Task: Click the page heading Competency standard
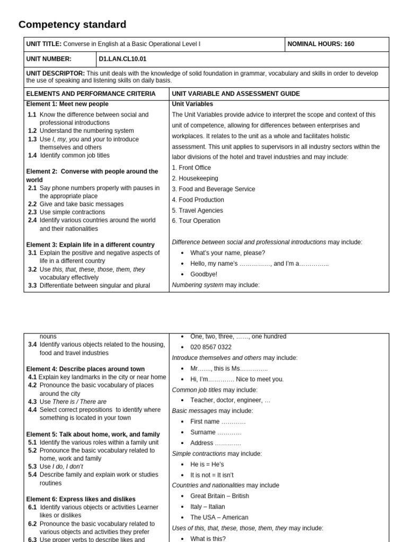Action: click(72, 24)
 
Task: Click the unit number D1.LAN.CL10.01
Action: click(122, 59)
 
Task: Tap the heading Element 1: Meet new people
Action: click(67, 104)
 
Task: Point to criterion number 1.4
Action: click(32, 156)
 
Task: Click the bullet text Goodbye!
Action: click(203, 274)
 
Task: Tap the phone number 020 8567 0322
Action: click(211, 347)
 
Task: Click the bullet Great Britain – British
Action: click(219, 496)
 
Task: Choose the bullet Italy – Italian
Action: click(209, 507)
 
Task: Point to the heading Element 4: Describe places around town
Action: click(85, 369)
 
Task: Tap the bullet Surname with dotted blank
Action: click(216, 432)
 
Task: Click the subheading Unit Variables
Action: click(192, 104)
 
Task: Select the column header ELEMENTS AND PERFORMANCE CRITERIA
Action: click(91, 94)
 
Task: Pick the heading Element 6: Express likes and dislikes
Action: click(81, 499)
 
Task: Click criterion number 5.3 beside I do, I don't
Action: click(32, 467)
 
